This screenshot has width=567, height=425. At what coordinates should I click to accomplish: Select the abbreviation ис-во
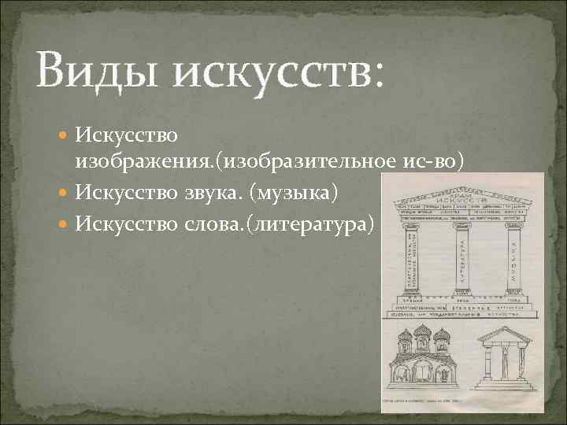434,161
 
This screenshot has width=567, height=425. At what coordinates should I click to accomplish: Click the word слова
216,224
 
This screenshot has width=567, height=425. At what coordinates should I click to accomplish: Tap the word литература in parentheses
324,224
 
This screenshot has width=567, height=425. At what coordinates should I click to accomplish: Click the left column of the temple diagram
409,260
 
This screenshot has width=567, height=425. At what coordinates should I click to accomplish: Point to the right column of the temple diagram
514,260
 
